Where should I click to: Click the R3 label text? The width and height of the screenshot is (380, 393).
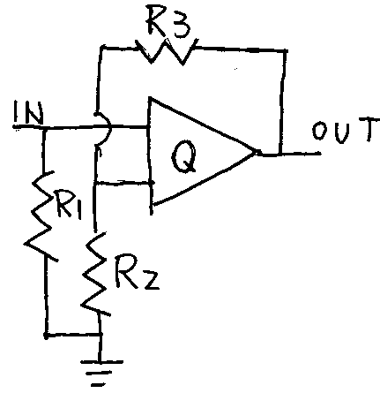pos(168,24)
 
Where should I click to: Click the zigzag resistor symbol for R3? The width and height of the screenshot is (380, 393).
pos(166,51)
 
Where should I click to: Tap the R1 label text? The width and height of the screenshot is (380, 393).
pos(67,205)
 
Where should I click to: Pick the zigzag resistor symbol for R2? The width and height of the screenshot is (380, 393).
pos(95,274)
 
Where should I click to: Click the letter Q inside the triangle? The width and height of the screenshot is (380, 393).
pos(184,156)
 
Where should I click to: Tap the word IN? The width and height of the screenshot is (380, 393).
pos(27,113)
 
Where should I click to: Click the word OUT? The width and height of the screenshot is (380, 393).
pos(345,130)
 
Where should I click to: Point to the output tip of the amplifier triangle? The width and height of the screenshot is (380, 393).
pos(255,153)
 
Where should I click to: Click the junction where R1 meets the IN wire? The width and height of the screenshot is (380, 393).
pos(45,128)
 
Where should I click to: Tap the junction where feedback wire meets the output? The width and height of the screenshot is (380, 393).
pos(281,154)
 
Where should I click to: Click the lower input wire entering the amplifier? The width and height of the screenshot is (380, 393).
pos(123,183)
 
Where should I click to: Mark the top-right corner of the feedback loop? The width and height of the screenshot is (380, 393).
pos(285,51)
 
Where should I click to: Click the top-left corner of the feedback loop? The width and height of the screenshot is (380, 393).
pos(101,47)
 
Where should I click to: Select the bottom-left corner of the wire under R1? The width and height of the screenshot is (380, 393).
pos(47,335)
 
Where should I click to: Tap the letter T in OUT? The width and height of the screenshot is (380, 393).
pos(368,130)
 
